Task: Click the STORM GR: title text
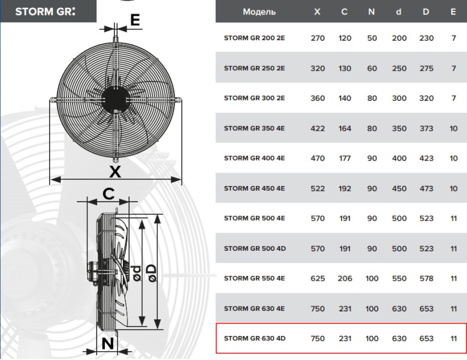pyautogui.click(x=46, y=11)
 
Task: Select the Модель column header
pyautogui.click(x=259, y=12)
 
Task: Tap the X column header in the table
pyautogui.click(x=317, y=12)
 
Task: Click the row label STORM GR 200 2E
pyautogui.click(x=254, y=38)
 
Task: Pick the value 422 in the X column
pyautogui.click(x=318, y=128)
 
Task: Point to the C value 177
pyautogui.click(x=345, y=158)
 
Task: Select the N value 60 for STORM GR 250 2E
pyautogui.click(x=372, y=68)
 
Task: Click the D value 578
pyautogui.click(x=426, y=278)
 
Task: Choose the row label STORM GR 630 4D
pyautogui.click(x=255, y=338)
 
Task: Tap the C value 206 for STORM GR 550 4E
pyautogui.click(x=345, y=278)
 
